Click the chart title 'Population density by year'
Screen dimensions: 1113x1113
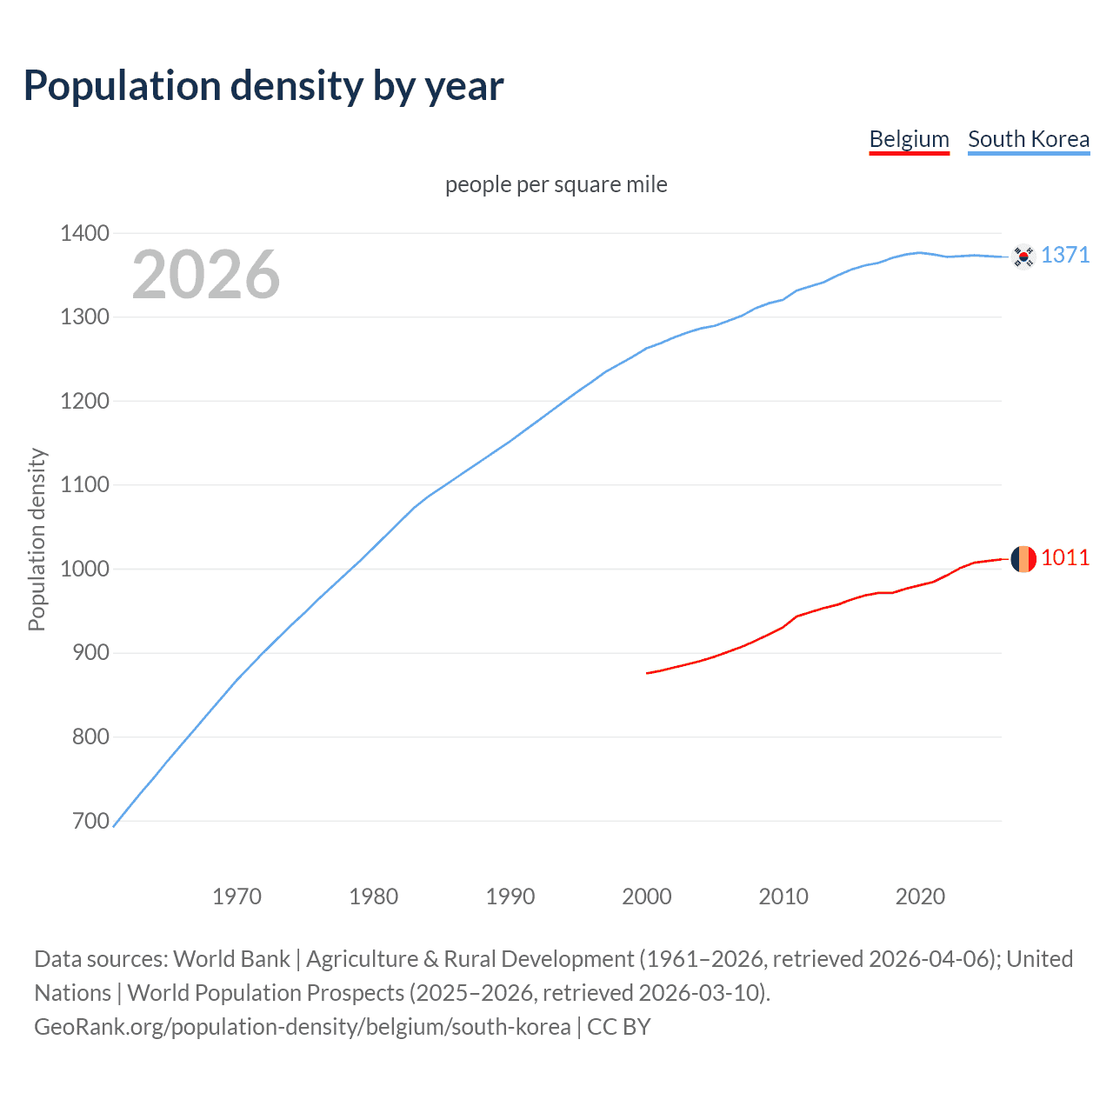(x=263, y=86)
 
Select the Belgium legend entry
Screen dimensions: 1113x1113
(x=909, y=139)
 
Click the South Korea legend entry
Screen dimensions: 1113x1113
(x=1028, y=139)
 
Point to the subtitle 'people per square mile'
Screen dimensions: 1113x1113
(x=556, y=184)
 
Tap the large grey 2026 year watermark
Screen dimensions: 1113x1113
(x=206, y=275)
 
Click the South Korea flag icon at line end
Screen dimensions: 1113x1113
(x=1023, y=257)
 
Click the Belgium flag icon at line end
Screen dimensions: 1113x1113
(x=1023, y=558)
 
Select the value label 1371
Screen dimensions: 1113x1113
(x=1064, y=255)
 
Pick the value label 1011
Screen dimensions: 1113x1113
(x=1064, y=557)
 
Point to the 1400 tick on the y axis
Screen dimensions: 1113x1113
(x=84, y=233)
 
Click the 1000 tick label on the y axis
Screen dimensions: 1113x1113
(x=84, y=569)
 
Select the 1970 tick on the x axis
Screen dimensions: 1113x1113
(x=237, y=896)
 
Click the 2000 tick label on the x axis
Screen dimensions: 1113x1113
(x=646, y=896)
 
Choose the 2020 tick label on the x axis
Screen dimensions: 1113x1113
(x=920, y=896)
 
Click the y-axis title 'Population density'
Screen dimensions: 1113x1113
(x=37, y=539)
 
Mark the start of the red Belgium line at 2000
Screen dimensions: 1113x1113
(x=648, y=673)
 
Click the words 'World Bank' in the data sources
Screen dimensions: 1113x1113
(x=231, y=959)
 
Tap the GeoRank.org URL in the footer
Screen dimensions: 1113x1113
(x=302, y=1027)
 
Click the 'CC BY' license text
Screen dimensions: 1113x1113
(x=618, y=1027)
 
